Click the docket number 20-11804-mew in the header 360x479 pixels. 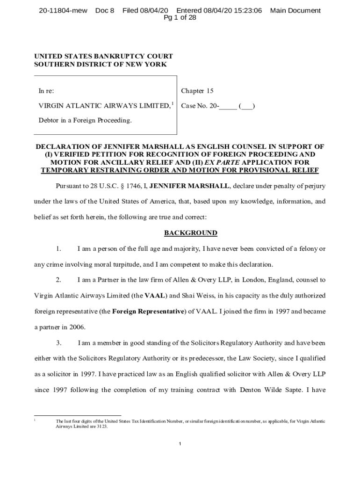point(63,10)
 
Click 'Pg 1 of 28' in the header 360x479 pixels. point(180,18)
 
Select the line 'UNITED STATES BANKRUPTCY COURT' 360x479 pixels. point(103,57)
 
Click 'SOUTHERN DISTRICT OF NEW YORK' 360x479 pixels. point(100,65)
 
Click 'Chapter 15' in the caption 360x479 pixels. point(197,91)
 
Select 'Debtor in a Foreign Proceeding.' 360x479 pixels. point(85,121)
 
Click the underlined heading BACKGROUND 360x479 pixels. point(191,233)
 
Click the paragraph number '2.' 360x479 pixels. point(58,280)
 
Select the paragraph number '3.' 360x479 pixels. point(58,343)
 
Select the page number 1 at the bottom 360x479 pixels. point(180,443)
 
